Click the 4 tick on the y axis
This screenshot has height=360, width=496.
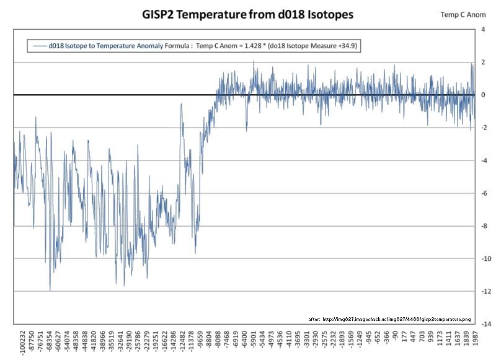pyautogui.click(x=484, y=30)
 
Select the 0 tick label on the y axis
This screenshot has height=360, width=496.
pyautogui.click(x=484, y=95)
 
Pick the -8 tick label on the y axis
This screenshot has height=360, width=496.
pyautogui.click(x=483, y=226)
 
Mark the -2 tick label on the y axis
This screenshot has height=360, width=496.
pyautogui.click(x=483, y=128)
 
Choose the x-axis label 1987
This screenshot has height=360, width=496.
pyautogui.click(x=475, y=340)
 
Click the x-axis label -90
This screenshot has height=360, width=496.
pyautogui.click(x=395, y=338)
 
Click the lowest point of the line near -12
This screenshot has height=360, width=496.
pyautogui.click(x=50, y=290)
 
